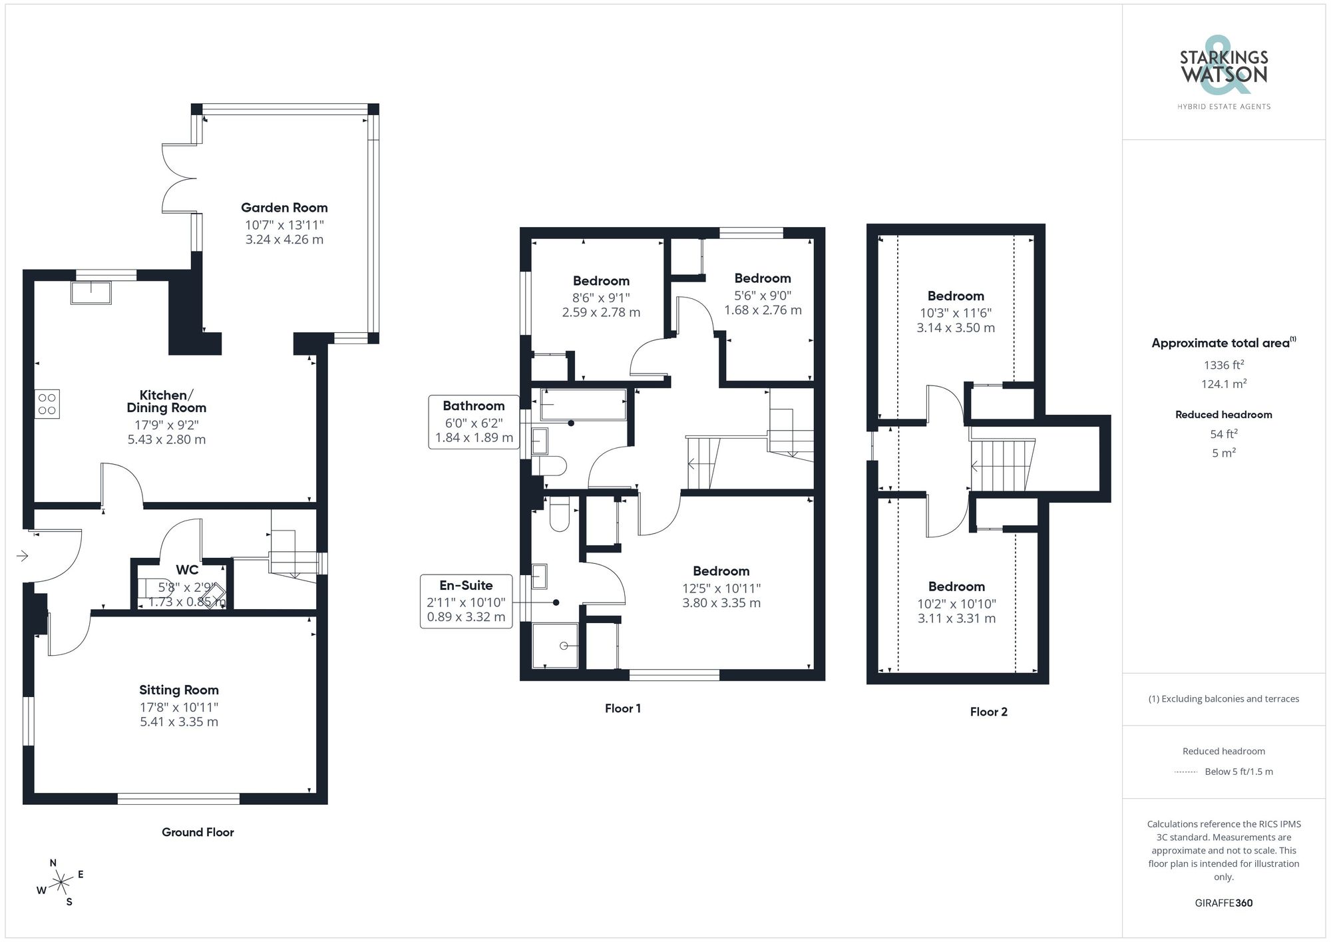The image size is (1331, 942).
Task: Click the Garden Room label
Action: pyautogui.click(x=284, y=208)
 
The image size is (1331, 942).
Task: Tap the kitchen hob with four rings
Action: pyautogui.click(x=47, y=404)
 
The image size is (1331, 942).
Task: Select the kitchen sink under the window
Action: pyautogui.click(x=91, y=293)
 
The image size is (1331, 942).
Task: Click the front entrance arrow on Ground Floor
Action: pyautogui.click(x=22, y=555)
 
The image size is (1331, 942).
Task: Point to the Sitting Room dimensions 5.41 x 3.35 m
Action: pyautogui.click(x=178, y=722)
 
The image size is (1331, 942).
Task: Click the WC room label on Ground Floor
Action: pyautogui.click(x=187, y=570)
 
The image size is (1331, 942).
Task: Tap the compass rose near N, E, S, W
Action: pyautogui.click(x=61, y=883)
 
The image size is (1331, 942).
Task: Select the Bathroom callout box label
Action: pyautogui.click(x=473, y=406)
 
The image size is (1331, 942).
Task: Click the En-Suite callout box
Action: pyautogui.click(x=466, y=601)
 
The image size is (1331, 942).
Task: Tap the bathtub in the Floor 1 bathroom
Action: pyautogui.click(x=583, y=405)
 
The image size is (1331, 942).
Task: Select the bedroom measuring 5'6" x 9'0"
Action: pyautogui.click(x=763, y=294)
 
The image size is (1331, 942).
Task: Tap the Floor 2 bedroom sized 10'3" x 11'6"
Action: pyautogui.click(x=956, y=312)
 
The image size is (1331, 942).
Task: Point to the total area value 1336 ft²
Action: pyautogui.click(x=1223, y=365)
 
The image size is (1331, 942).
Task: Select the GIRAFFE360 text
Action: pyautogui.click(x=1223, y=903)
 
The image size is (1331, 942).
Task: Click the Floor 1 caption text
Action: pyautogui.click(x=622, y=708)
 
